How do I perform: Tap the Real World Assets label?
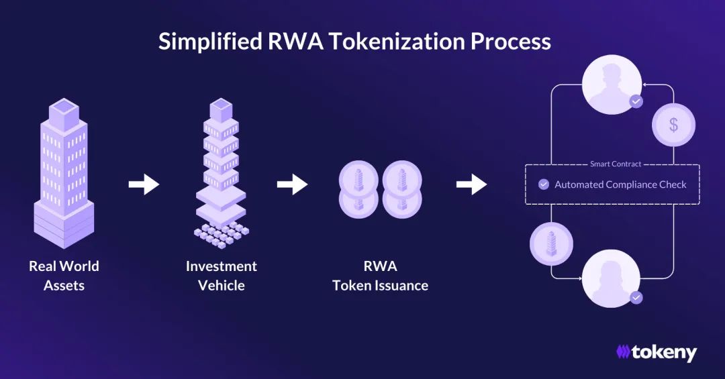click(x=64, y=275)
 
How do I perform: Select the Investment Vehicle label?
click(x=222, y=275)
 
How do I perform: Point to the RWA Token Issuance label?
click(x=380, y=275)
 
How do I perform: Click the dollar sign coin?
click(x=673, y=125)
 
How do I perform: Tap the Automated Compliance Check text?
click(x=620, y=184)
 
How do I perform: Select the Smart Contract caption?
click(x=616, y=164)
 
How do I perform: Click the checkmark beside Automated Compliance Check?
click(x=544, y=184)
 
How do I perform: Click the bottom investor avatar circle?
click(x=611, y=279)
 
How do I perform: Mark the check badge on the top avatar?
click(x=636, y=102)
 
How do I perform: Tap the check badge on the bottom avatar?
click(x=636, y=296)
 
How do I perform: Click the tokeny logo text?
click(x=663, y=352)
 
